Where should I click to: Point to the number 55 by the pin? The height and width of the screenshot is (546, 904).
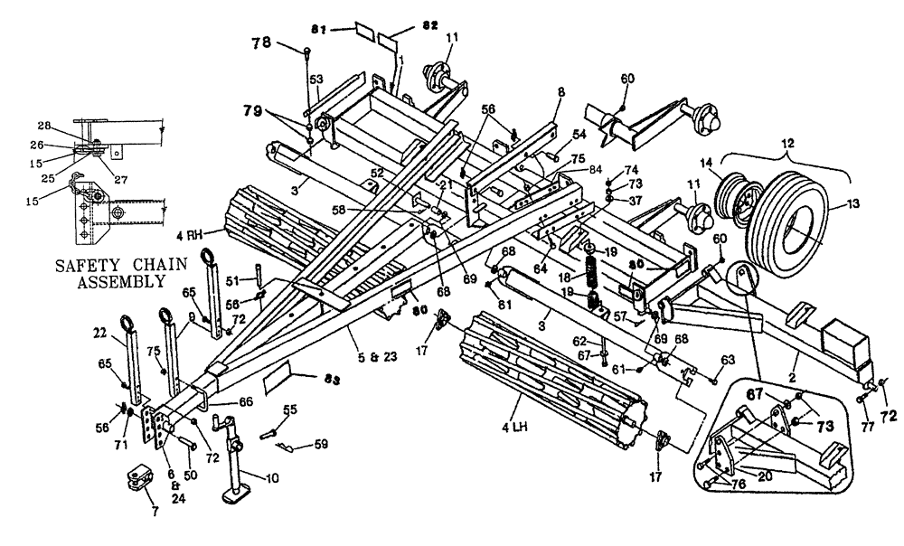point(289,409)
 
